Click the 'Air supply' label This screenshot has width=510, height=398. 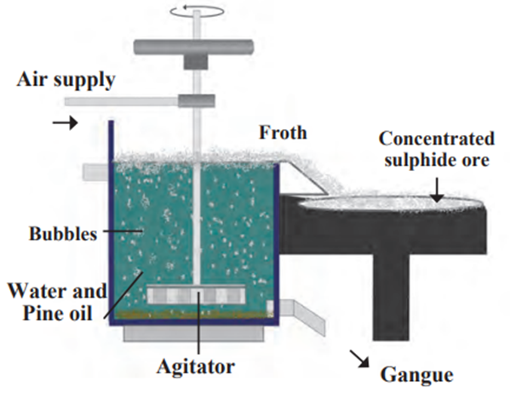(x=66, y=80)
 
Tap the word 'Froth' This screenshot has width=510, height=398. (x=283, y=133)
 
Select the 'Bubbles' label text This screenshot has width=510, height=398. (x=63, y=234)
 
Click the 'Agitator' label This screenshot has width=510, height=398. (x=196, y=367)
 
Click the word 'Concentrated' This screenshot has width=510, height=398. (x=437, y=139)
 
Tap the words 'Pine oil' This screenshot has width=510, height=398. (x=57, y=313)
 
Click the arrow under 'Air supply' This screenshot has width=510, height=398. (x=66, y=122)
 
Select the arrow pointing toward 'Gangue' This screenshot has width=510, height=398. (x=359, y=358)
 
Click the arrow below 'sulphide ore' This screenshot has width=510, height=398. (x=438, y=190)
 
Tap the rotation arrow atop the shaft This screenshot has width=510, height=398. (x=198, y=10)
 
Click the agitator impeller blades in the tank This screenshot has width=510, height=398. (x=196, y=295)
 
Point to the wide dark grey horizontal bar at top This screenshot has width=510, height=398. (x=193, y=47)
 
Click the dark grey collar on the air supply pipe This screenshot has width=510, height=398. (x=197, y=100)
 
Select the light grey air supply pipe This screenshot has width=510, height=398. (x=121, y=101)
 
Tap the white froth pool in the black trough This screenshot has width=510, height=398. (x=390, y=202)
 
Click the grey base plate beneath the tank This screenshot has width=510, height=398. (x=193, y=333)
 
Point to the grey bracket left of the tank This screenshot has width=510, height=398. (x=95, y=172)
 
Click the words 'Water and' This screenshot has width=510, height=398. (x=57, y=291)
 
